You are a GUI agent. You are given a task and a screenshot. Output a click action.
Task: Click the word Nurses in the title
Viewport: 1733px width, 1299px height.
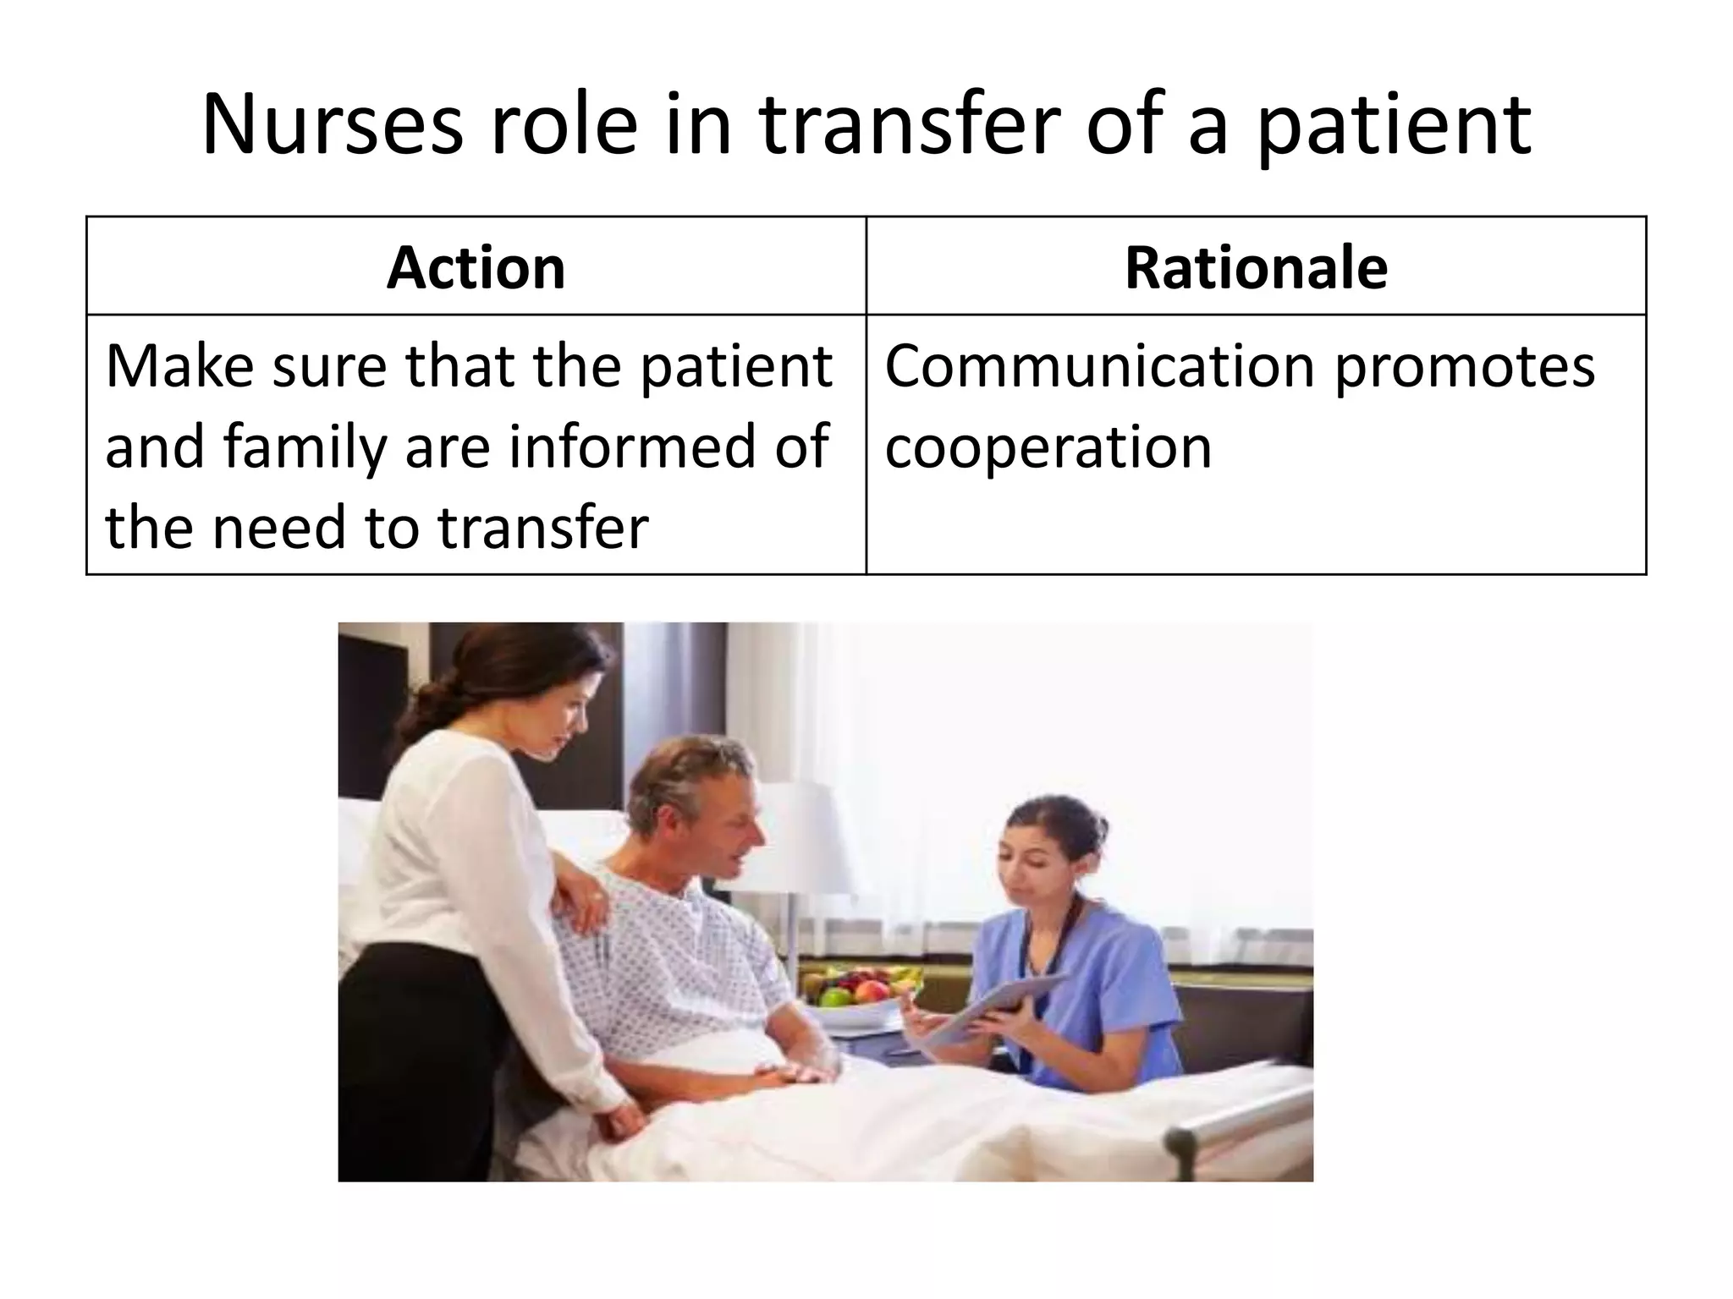(333, 125)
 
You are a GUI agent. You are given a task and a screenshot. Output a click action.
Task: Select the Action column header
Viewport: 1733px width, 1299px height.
(476, 268)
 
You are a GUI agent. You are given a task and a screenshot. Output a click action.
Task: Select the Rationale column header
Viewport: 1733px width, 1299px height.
(1256, 268)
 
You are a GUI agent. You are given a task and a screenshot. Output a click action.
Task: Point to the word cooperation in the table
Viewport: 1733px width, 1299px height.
(1048, 447)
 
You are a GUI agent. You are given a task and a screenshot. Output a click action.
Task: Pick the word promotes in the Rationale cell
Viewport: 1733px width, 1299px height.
(1464, 367)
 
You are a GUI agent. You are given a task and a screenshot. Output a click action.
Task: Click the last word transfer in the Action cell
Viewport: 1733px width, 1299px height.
(542, 527)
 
